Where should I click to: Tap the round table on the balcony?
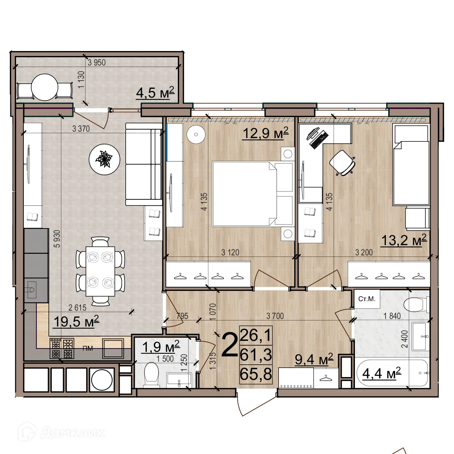pyautogui.click(x=44, y=87)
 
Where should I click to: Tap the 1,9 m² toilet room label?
pyautogui.click(x=160, y=346)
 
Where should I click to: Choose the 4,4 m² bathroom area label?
pyautogui.click(x=381, y=374)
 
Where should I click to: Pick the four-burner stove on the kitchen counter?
pyautogui.click(x=62, y=348)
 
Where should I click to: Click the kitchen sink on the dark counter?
pyautogui.click(x=31, y=289)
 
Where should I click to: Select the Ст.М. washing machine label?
pyautogui.click(x=367, y=299)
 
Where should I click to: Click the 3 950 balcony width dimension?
pyautogui.click(x=96, y=62)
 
